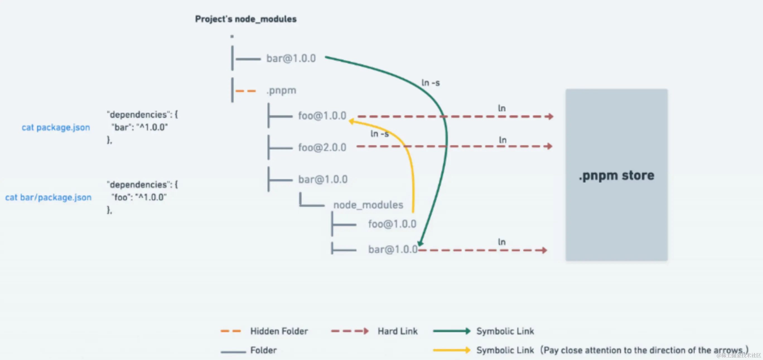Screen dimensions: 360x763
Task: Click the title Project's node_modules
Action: pos(245,19)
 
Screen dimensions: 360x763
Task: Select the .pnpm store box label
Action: pos(616,176)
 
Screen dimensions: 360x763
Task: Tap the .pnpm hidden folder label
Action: pos(281,90)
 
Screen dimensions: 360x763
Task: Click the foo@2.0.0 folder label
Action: pos(322,147)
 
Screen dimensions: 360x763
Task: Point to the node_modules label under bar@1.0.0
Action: pos(368,205)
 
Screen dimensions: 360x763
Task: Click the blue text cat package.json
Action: pos(56,127)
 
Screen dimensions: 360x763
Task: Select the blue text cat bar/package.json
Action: pos(48,197)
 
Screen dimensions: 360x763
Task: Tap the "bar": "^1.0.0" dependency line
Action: pos(139,127)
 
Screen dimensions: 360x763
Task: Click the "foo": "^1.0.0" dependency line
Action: pos(139,197)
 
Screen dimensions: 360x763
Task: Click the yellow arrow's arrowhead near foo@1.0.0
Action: pos(352,121)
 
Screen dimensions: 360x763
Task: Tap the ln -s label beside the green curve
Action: pos(430,82)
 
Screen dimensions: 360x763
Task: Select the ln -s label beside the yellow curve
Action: pos(380,134)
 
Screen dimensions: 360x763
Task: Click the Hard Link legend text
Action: pos(397,331)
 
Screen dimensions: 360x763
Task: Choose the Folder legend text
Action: pos(263,350)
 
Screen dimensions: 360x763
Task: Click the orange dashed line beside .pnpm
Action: pos(245,91)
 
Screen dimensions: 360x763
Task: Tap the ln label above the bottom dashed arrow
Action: pos(501,242)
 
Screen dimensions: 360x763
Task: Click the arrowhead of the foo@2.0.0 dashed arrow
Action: pos(549,146)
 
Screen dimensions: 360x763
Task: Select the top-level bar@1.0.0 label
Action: pos(291,58)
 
